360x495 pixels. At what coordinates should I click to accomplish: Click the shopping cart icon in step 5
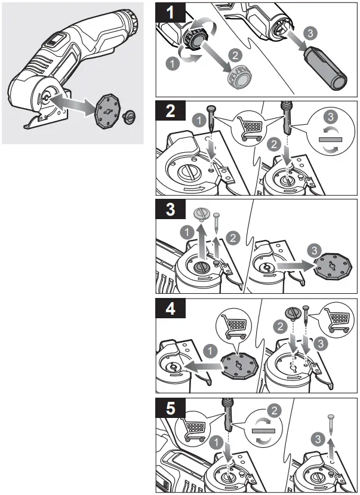pyautogui.click(x=195, y=428)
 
